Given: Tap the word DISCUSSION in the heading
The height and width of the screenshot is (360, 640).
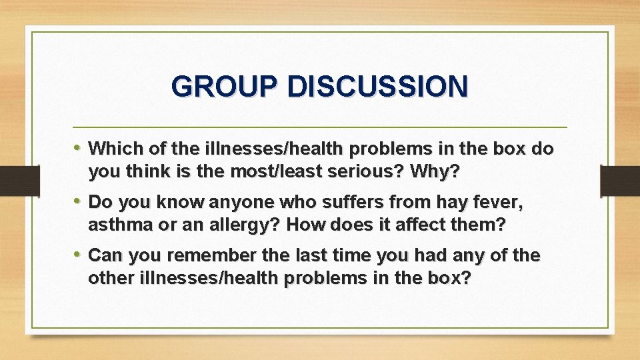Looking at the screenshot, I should (x=377, y=87).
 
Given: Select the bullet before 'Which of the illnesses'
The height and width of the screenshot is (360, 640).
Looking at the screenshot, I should (x=79, y=147).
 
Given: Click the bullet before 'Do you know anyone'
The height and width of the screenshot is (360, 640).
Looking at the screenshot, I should (x=79, y=201).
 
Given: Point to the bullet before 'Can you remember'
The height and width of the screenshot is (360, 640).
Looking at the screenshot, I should (x=79, y=255).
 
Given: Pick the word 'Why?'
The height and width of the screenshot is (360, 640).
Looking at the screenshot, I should (x=435, y=171).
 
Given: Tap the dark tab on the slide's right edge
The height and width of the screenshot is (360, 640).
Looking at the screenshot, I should (x=621, y=181).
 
